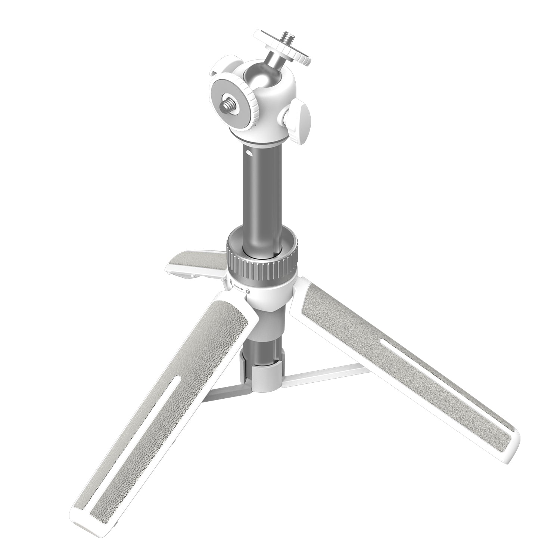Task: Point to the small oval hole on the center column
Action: click(x=248, y=153)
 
